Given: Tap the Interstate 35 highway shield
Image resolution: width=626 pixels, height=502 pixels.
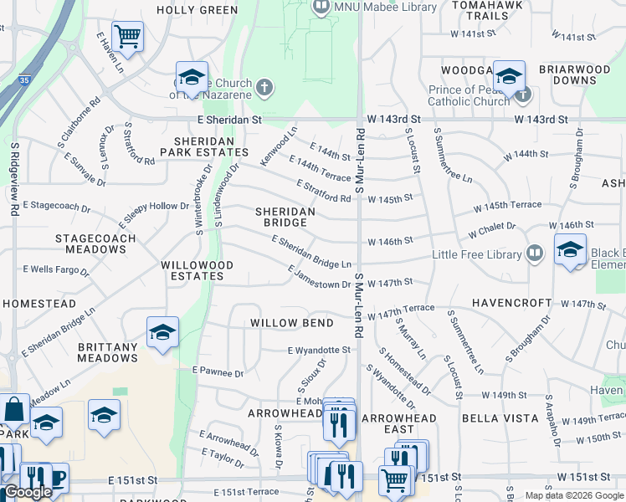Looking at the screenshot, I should click(25, 80).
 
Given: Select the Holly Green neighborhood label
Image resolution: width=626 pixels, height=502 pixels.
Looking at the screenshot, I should click(198, 10).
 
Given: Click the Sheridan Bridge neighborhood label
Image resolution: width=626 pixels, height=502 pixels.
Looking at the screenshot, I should click(285, 218).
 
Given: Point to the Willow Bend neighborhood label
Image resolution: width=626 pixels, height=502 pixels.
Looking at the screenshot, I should click(291, 322).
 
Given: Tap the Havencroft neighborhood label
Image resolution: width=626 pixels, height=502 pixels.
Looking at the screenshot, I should click(511, 303).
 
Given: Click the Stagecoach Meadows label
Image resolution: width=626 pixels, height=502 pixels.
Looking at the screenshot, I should click(90, 243).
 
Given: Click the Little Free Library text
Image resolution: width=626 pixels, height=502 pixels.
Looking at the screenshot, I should click(476, 254).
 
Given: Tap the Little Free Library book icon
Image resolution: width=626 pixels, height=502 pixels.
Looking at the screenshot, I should click(536, 254).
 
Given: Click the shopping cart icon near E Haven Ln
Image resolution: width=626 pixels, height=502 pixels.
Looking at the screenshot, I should click(127, 35).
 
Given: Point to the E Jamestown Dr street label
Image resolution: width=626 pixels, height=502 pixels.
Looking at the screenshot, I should click(319, 277).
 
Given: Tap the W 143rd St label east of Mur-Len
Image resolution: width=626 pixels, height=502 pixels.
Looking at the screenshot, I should click(541, 120).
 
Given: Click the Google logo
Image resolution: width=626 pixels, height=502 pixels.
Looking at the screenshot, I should click(28, 492).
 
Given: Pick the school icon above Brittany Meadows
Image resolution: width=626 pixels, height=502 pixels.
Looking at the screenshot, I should click(162, 331).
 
